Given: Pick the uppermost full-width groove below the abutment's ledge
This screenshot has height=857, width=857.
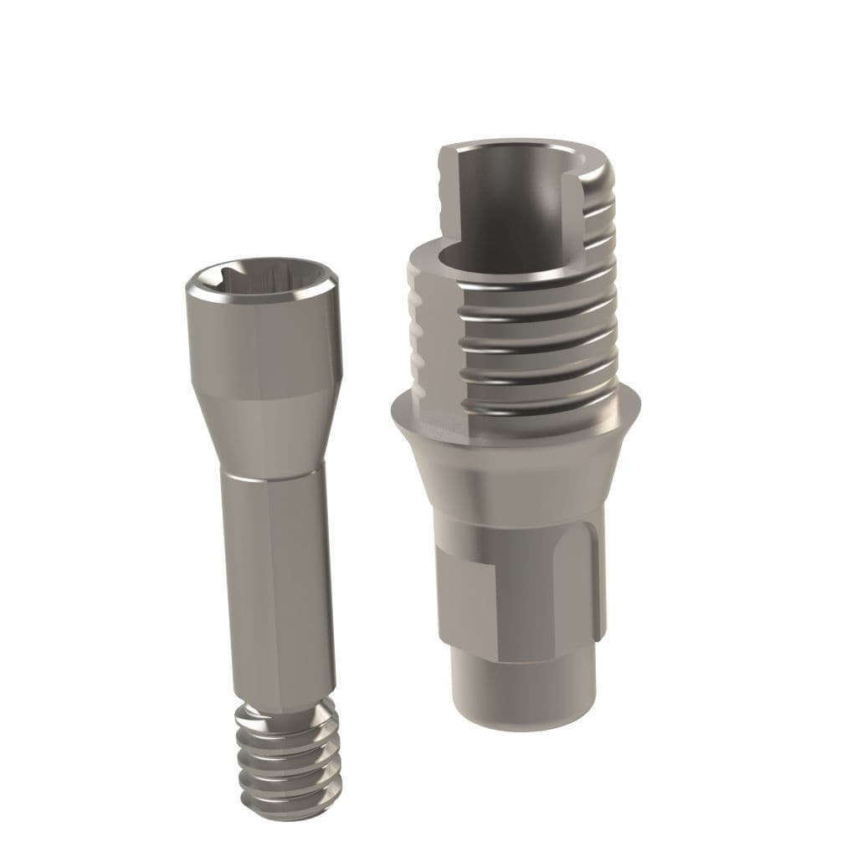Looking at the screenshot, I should pos(544,289).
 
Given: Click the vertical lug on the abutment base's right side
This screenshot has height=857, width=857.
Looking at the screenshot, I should pos(596,586).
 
